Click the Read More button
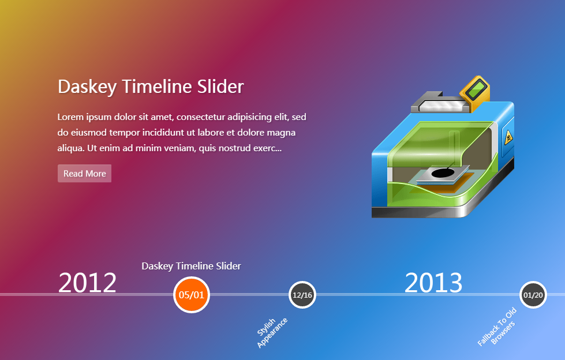(84, 173)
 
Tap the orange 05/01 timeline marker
(192, 295)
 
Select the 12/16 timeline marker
(302, 295)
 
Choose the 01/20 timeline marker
(533, 295)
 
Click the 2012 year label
(87, 283)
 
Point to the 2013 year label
(433, 283)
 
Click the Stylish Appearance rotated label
(272, 333)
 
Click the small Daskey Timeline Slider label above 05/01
(192, 266)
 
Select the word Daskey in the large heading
(87, 87)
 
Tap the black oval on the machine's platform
(443, 173)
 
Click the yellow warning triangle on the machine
(508, 137)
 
